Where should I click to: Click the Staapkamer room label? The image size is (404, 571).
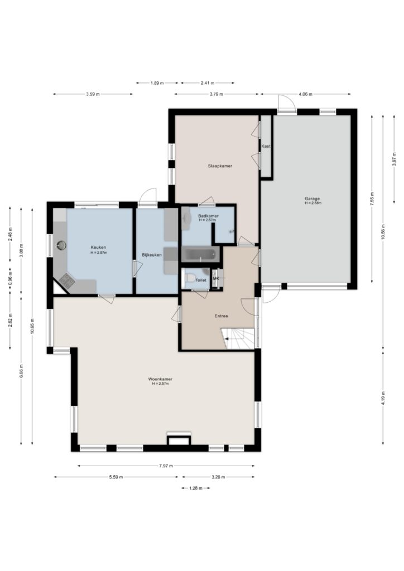pyautogui.click(x=220, y=166)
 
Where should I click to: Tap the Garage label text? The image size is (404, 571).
pyautogui.click(x=312, y=199)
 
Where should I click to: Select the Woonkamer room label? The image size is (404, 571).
pyautogui.click(x=160, y=379)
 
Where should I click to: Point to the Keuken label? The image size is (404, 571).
pyautogui.click(x=98, y=248)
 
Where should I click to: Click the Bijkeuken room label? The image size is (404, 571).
pyautogui.click(x=152, y=255)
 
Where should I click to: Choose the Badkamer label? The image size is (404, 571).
pyautogui.click(x=208, y=216)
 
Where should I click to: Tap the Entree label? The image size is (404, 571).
pyautogui.click(x=221, y=316)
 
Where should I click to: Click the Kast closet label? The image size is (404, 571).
pyautogui.click(x=266, y=147)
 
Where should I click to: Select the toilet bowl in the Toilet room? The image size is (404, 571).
pyautogui.click(x=190, y=278)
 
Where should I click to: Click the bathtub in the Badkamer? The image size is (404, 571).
pyautogui.click(x=200, y=254)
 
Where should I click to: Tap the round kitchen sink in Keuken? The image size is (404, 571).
pyautogui.click(x=61, y=245)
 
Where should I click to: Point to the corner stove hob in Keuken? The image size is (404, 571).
pyautogui.click(x=67, y=280)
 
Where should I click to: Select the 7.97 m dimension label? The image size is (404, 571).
pyautogui.click(x=166, y=466)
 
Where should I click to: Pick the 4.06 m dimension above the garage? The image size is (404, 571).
pyautogui.click(x=305, y=94)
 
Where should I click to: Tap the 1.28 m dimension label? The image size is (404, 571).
pyautogui.click(x=196, y=488)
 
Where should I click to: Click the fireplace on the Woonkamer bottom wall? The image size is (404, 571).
pyautogui.click(x=179, y=439)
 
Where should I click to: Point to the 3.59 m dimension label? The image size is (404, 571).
pyautogui.click(x=93, y=94)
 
